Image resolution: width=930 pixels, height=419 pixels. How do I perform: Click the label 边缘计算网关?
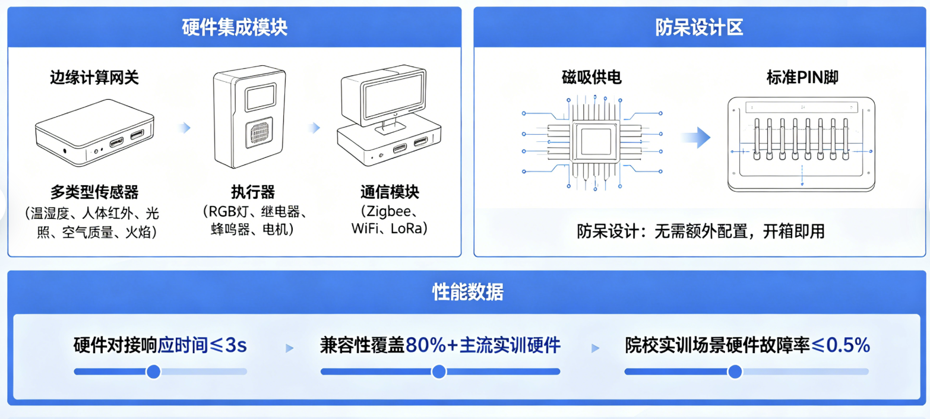click(x=94, y=78)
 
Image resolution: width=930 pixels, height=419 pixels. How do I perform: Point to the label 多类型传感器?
click(x=94, y=192)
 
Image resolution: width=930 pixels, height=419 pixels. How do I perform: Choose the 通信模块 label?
click(x=389, y=192)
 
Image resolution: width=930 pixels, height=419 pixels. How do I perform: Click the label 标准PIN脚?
click(x=802, y=78)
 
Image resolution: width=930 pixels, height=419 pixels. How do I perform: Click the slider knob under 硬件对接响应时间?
click(x=153, y=372)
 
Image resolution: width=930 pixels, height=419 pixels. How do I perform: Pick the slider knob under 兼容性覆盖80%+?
click(x=439, y=372)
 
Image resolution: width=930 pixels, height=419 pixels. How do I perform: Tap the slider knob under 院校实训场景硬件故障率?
click(x=735, y=372)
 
